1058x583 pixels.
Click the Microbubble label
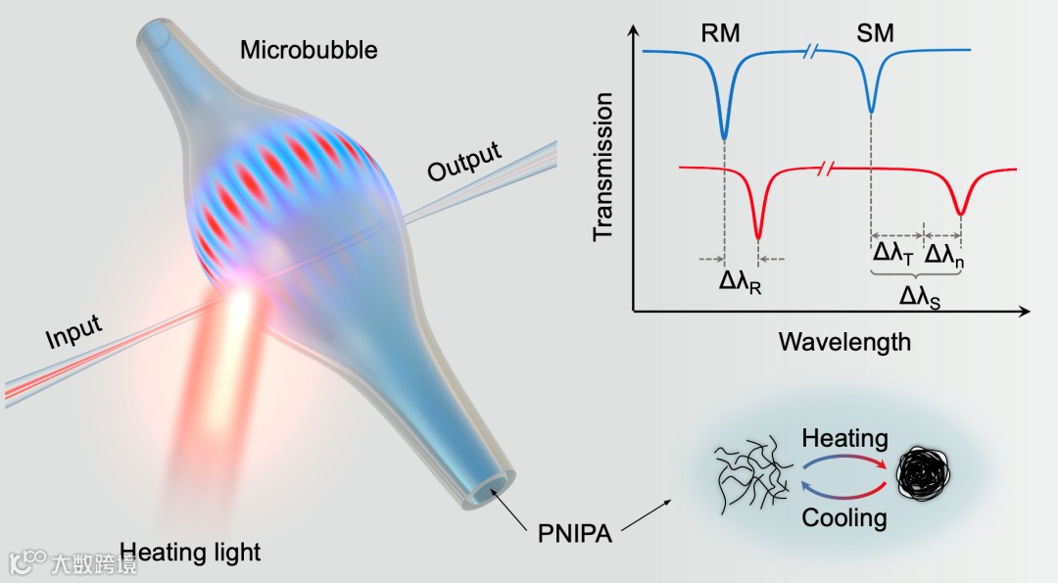309,50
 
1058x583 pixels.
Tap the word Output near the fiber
464,162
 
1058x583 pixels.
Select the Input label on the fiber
73,330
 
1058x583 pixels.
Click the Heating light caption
190,552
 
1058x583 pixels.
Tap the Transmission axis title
603,166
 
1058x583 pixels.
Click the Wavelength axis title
844,342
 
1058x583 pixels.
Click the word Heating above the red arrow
844,439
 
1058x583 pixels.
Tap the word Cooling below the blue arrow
844,516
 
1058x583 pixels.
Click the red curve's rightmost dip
961,210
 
